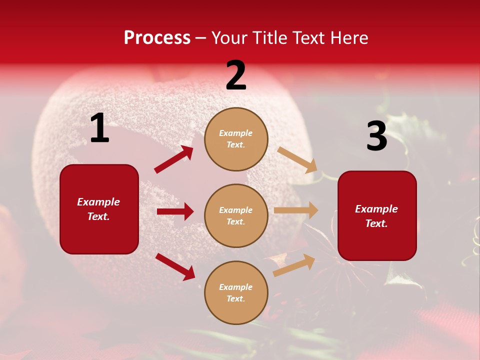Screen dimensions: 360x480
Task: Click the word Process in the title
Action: [157, 37]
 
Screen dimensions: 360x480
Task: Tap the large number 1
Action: [99, 128]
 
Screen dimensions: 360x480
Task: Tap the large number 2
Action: [236, 76]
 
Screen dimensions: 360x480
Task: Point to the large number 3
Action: [376, 136]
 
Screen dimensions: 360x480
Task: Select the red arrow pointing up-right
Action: [173, 159]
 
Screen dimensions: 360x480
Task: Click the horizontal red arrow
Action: [175, 211]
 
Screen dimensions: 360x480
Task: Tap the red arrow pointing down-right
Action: [175, 266]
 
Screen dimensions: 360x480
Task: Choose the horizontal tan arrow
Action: [296, 210]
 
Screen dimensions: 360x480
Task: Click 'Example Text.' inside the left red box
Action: [98, 209]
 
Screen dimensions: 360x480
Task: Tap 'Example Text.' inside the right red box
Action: [376, 216]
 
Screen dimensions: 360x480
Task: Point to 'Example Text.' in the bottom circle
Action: [236, 292]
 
